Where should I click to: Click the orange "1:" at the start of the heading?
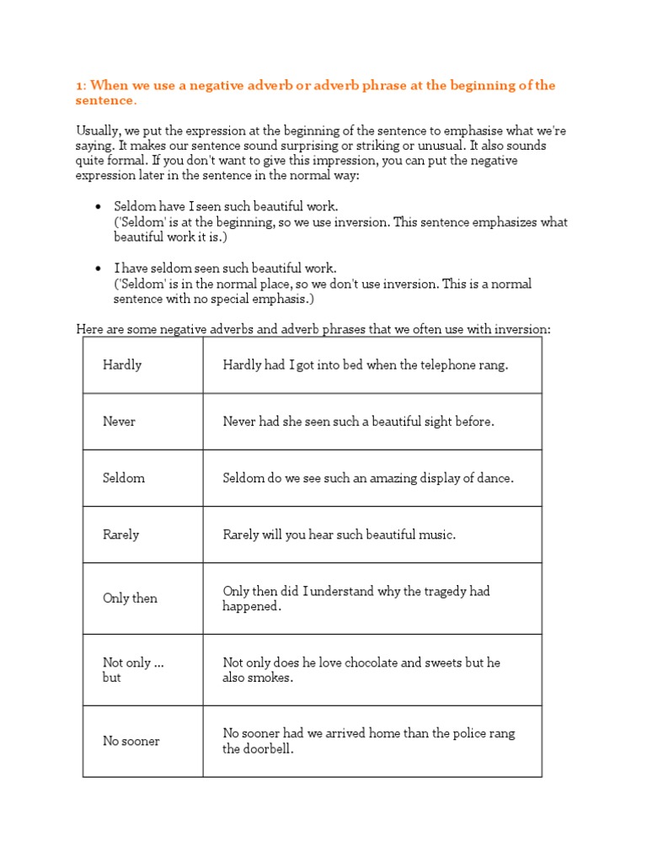(x=81, y=86)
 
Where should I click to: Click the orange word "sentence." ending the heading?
(x=105, y=101)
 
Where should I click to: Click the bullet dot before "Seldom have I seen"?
(x=99, y=207)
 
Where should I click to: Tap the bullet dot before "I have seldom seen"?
(x=99, y=269)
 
